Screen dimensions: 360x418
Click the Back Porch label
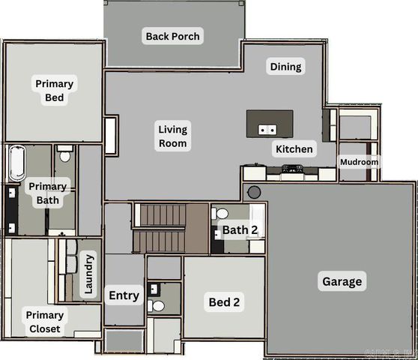pos(174,36)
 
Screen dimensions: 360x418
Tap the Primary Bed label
pos(54,91)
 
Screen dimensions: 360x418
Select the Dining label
pos(285,67)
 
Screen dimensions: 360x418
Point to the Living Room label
pos(173,136)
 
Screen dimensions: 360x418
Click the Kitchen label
pos(294,149)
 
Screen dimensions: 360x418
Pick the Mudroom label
pos(360,162)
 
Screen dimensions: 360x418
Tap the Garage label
pos(342,282)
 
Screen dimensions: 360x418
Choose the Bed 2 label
pos(224,302)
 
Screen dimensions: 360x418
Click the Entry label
pos(124,295)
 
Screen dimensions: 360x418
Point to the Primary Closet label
pos(43,322)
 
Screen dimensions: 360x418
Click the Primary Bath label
pos(46,193)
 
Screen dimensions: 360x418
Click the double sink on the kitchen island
pos(267,129)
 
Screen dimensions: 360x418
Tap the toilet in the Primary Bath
pos(64,154)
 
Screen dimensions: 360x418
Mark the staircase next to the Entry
pos(161,228)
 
